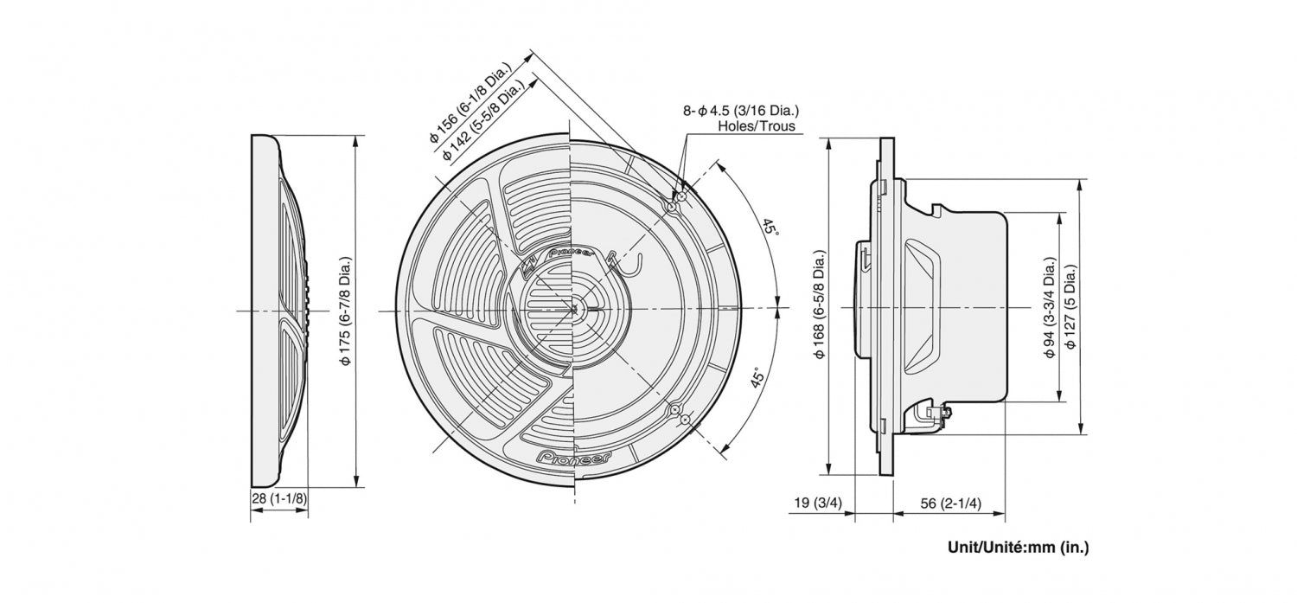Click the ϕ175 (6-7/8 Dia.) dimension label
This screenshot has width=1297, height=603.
click(x=345, y=311)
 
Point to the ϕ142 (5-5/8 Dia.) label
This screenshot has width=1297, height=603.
click(x=482, y=119)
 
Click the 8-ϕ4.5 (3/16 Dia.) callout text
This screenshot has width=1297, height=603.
click(x=741, y=110)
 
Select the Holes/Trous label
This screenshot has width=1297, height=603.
click(x=756, y=126)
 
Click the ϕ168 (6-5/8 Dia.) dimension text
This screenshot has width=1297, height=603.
click(x=819, y=305)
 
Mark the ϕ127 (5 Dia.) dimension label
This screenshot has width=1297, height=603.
click(x=1070, y=307)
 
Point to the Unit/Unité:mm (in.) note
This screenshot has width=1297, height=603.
click(x=1018, y=548)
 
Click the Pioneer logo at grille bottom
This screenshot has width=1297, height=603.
click(x=572, y=456)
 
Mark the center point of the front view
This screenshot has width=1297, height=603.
click(x=572, y=309)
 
